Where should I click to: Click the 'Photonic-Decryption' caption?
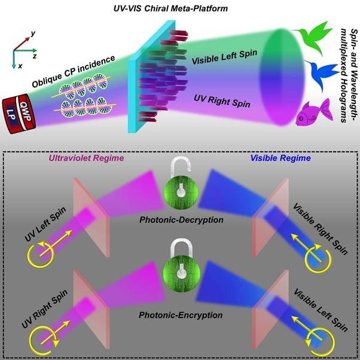click(x=180, y=219)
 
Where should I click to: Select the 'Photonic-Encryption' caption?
click(x=179, y=314)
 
